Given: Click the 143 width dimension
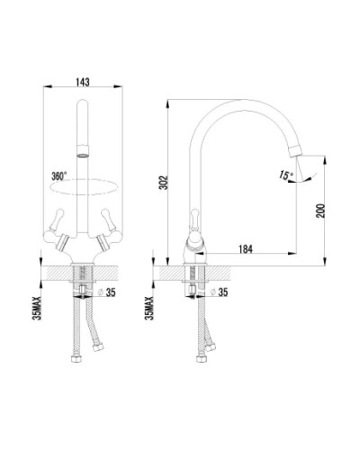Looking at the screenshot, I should point(83,81).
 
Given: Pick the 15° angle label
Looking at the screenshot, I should point(287,176).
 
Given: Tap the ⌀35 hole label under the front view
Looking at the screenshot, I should point(109,292).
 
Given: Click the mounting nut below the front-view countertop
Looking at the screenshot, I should point(83,287).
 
